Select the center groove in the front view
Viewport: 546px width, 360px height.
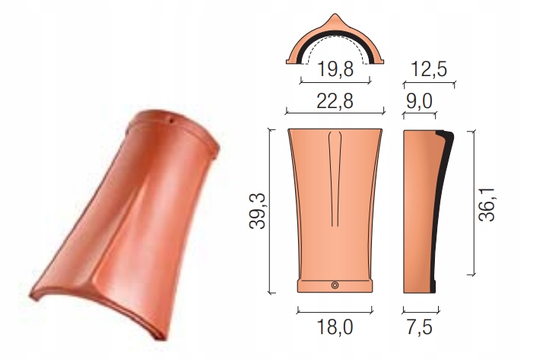pyautogui.click(x=335, y=175)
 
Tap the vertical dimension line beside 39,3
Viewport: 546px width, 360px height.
pyautogui.click(x=271, y=210)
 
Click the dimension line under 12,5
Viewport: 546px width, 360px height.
pyautogui.click(x=428, y=84)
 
